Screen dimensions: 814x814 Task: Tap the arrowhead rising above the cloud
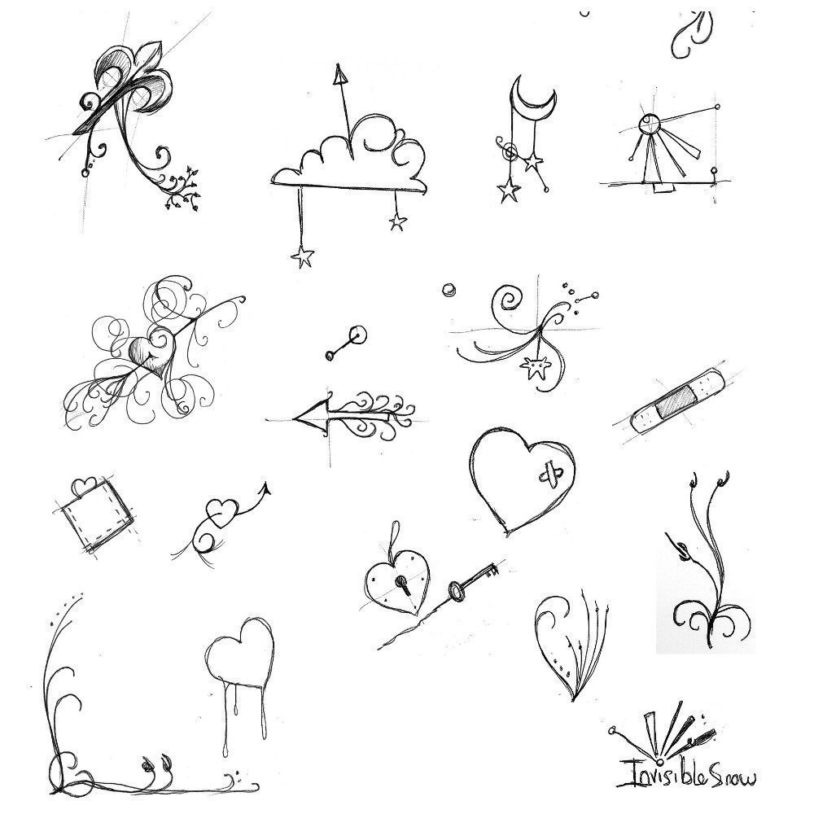pyautogui.click(x=339, y=74)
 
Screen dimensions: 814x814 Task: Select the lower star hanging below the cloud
pyautogui.click(x=303, y=256)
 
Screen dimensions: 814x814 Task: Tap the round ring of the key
pyautogui.click(x=455, y=591)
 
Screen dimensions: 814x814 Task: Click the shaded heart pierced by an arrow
pyautogui.click(x=149, y=355)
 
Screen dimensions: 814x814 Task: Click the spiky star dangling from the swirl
pyautogui.click(x=534, y=368)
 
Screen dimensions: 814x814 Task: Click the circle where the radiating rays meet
pyautogui.click(x=649, y=125)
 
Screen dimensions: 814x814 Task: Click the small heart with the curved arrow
pyautogui.click(x=221, y=513)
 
